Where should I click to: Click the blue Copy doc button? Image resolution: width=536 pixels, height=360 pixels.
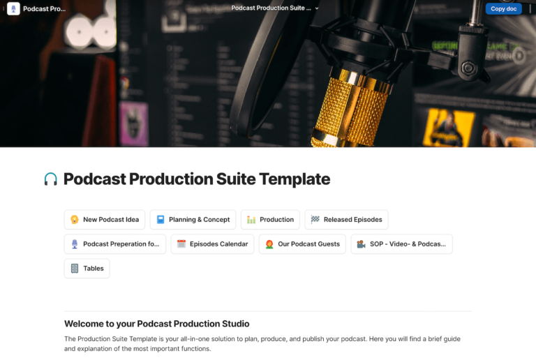(503, 9)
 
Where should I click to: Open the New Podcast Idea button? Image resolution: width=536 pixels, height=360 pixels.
(105, 220)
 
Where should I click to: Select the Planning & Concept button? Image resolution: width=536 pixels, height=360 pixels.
(193, 220)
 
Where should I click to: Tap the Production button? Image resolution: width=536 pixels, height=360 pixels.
(270, 220)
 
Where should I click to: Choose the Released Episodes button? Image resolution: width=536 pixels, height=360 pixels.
(346, 220)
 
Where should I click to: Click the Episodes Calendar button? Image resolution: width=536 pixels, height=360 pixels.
(212, 244)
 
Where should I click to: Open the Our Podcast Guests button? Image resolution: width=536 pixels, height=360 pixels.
(302, 244)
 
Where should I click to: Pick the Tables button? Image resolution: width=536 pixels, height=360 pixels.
(87, 269)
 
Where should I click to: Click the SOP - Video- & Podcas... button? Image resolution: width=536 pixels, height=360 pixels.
(401, 244)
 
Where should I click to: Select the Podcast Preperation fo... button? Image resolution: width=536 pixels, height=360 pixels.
(114, 244)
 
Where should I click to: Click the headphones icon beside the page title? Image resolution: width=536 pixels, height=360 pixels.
(51, 179)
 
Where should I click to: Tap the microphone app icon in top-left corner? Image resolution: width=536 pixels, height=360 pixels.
(13, 9)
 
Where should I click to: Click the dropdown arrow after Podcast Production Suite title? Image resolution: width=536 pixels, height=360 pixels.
(317, 8)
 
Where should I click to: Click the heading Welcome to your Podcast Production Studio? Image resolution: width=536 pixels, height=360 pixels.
(156, 324)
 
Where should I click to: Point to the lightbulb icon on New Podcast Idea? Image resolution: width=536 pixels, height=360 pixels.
(75, 220)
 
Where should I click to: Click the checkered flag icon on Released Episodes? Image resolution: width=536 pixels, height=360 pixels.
(315, 220)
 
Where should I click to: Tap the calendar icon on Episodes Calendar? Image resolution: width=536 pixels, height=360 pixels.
(181, 244)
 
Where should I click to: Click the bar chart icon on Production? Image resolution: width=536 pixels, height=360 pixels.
(251, 220)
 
